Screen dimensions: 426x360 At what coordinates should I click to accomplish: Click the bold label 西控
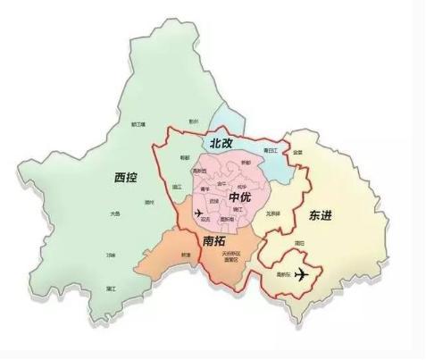[x=127, y=176]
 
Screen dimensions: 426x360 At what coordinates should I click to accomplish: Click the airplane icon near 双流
[x=197, y=213]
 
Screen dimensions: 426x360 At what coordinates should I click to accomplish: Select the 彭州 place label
[x=193, y=121]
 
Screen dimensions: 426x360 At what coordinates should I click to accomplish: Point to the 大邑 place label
[x=114, y=214]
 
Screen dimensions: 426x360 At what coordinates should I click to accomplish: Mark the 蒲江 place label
[x=111, y=289]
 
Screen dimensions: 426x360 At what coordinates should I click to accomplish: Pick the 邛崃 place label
[x=110, y=255]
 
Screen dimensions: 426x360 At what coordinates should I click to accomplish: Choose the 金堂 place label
[x=297, y=153]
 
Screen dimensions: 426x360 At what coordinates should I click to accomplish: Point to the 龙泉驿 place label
[x=273, y=213]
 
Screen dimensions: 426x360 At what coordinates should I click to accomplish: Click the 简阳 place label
[x=299, y=242]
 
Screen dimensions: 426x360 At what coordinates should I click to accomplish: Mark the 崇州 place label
[x=149, y=202]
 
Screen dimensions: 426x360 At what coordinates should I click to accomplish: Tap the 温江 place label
[x=177, y=188]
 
